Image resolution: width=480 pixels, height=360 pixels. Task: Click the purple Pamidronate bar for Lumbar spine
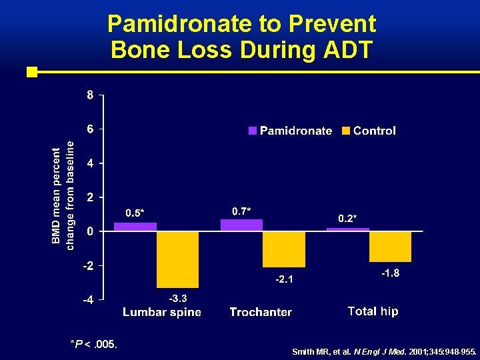click(135, 227)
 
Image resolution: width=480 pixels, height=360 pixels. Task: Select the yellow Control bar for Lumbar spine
click(177, 259)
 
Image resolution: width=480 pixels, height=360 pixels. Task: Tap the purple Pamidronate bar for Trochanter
click(241, 225)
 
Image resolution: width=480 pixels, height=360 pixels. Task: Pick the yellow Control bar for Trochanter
click(284, 249)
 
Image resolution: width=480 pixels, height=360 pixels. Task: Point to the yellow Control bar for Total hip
click(390, 247)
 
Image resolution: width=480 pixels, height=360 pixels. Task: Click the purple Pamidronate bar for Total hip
click(348, 229)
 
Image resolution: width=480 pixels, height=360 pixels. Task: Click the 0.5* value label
click(135, 213)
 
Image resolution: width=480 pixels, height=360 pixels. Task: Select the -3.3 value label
click(177, 297)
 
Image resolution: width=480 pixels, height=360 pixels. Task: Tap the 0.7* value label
click(241, 211)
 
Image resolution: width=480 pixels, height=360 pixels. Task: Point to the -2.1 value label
click(284, 279)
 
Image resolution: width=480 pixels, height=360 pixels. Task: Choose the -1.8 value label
click(390, 273)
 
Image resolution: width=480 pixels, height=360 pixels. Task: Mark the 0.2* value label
click(347, 219)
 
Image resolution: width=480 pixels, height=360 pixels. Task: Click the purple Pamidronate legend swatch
click(253, 131)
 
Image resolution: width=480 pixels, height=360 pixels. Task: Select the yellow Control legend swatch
click(346, 131)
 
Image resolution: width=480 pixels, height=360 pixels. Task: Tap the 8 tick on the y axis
click(89, 95)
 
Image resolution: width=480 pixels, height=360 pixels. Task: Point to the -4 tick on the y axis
click(87, 300)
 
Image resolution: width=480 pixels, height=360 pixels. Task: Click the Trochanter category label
click(261, 312)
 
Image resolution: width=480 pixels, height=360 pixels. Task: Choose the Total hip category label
click(373, 311)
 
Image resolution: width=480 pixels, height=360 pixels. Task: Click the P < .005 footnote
click(94, 344)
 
